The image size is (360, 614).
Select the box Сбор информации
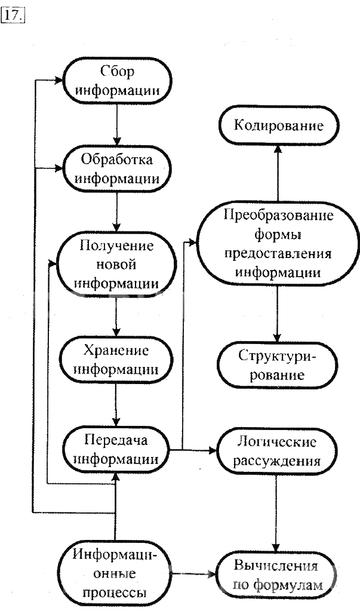(x=117, y=82)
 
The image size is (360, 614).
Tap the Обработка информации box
(x=117, y=169)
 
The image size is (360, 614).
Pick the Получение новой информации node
(x=117, y=264)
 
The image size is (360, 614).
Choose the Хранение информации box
(x=117, y=360)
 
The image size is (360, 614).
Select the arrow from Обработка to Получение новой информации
(x=117, y=213)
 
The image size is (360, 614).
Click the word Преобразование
(x=279, y=215)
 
